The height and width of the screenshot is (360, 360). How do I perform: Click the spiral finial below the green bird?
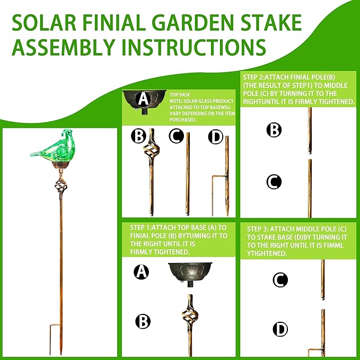[60, 188]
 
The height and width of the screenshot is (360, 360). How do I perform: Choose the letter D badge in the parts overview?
[215, 137]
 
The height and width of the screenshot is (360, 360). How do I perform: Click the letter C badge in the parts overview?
[177, 137]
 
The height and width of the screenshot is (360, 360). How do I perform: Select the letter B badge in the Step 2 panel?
[274, 130]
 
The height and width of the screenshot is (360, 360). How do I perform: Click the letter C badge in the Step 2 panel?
[274, 182]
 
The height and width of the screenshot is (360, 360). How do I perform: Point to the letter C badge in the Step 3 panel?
[280, 279]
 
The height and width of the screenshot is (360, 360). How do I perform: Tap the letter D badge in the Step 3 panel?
[280, 329]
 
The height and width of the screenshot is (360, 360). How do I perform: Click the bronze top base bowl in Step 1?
[190, 272]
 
